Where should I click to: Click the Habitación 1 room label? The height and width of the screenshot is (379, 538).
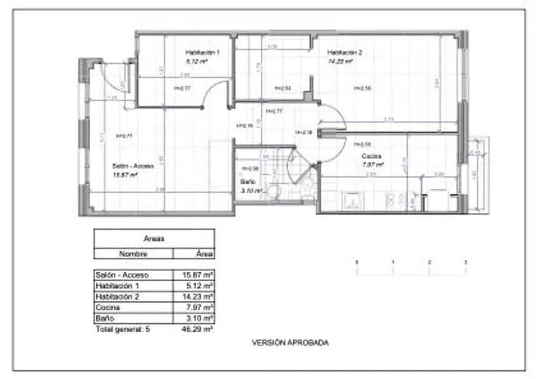click(x=203, y=52)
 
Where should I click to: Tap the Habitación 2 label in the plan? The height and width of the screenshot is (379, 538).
click(x=344, y=52)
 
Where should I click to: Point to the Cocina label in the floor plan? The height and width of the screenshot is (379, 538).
click(x=371, y=156)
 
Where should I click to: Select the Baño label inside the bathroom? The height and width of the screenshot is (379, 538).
click(x=247, y=182)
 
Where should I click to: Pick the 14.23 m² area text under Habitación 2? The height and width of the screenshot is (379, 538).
click(x=339, y=62)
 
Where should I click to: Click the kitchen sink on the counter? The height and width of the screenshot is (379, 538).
click(x=353, y=201)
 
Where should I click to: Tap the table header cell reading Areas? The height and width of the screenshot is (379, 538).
click(x=154, y=239)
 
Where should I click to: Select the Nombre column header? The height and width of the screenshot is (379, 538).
click(x=133, y=253)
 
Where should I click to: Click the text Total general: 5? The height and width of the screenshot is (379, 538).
click(x=123, y=329)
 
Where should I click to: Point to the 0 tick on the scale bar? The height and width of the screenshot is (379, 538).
click(x=356, y=262)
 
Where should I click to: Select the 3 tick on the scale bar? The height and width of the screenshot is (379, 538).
click(x=466, y=262)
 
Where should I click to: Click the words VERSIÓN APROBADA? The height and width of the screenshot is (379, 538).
click(x=291, y=343)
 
